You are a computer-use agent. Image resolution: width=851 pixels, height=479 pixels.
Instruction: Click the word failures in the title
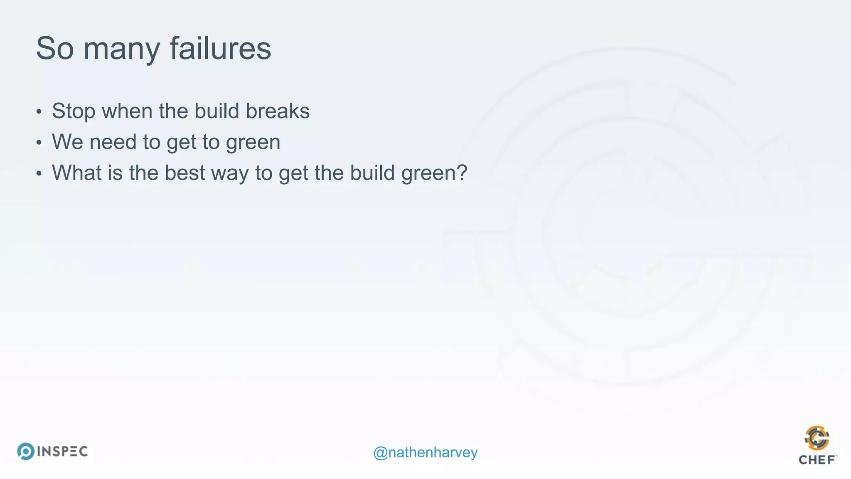click(x=220, y=48)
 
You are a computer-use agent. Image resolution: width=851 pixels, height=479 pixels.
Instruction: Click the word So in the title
click(x=54, y=48)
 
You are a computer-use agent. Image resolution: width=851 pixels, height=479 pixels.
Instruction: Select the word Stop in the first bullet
click(x=73, y=111)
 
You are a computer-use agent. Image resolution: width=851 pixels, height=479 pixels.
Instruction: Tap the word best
click(x=184, y=173)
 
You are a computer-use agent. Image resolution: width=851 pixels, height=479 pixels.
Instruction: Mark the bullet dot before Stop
click(x=39, y=112)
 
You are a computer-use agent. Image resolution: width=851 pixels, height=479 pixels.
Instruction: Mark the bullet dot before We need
click(x=39, y=143)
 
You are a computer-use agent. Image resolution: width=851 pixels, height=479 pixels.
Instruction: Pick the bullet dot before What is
click(x=39, y=173)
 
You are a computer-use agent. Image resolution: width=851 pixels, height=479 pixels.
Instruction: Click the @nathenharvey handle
click(x=425, y=452)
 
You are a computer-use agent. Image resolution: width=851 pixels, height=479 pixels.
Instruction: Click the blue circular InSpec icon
click(x=26, y=451)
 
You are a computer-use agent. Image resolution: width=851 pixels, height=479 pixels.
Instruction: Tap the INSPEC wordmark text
click(x=62, y=452)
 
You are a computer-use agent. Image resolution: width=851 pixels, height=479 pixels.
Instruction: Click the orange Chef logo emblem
click(x=817, y=438)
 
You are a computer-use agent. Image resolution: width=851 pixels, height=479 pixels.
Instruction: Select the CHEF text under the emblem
click(x=817, y=460)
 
